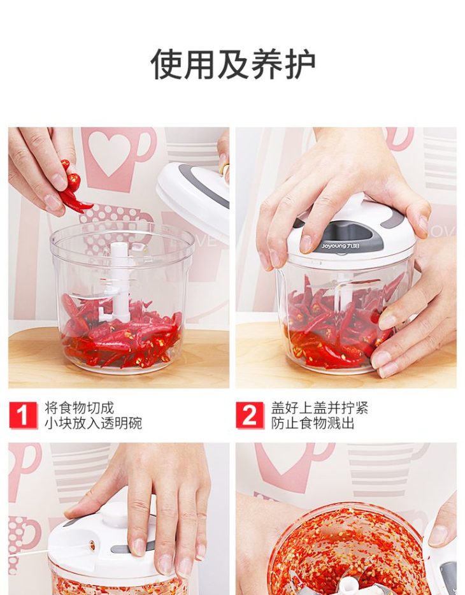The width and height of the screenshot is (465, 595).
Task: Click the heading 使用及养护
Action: (233, 64)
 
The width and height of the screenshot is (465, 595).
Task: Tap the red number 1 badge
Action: (23, 415)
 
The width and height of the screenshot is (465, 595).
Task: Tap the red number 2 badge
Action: (250, 415)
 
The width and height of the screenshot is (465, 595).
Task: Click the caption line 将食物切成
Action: (79, 408)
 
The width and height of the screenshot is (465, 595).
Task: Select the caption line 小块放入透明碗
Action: (93, 423)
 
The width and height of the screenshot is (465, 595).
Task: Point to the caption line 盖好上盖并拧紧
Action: (319, 408)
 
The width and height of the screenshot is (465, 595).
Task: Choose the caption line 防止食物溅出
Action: (313, 423)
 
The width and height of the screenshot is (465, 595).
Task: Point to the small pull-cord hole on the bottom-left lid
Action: (92, 545)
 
